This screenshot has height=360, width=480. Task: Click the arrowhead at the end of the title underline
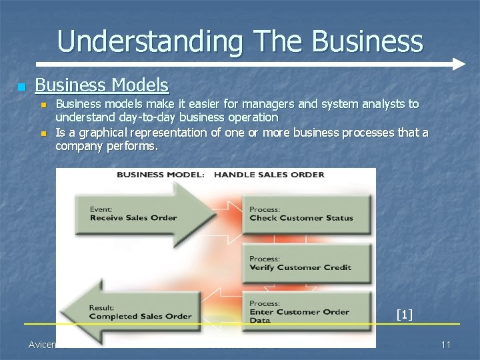[x=458, y=65]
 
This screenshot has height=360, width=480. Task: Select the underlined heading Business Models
[x=101, y=85]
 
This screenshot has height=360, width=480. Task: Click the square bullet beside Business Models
[x=22, y=87]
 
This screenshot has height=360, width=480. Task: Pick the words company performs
[x=107, y=145]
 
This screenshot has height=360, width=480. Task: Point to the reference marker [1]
[x=404, y=314]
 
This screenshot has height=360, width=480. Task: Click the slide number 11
[x=447, y=344]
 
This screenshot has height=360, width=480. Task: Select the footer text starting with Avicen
[x=43, y=344]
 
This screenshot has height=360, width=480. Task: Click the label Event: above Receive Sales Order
[x=102, y=208]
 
